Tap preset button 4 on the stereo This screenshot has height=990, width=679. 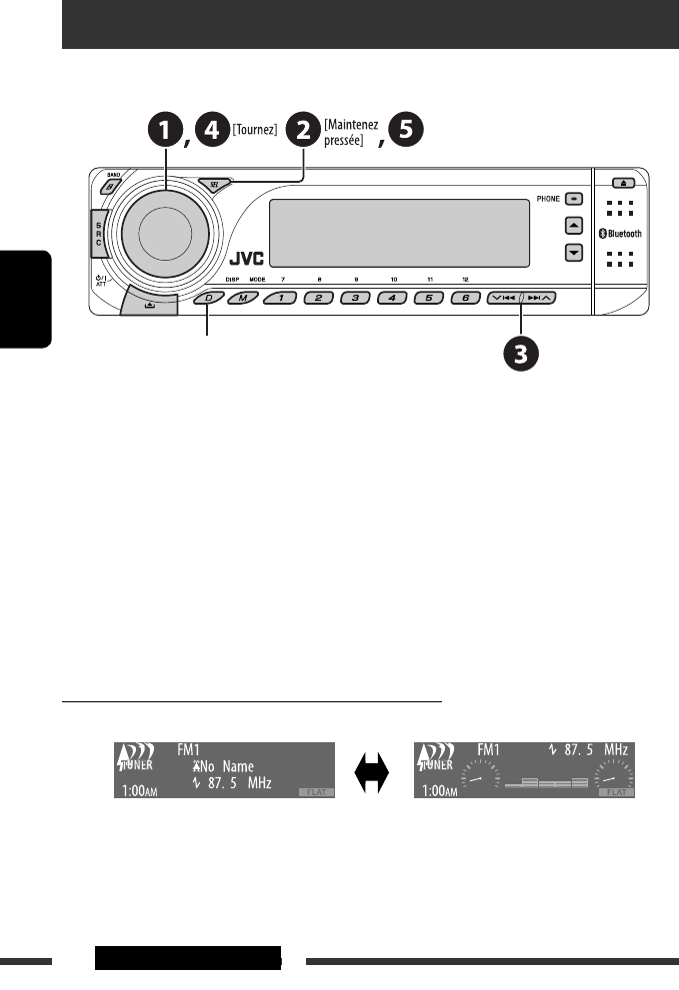[393, 298]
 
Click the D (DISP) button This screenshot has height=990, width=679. [209, 298]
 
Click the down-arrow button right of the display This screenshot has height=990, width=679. [573, 253]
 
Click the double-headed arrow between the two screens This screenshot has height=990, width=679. [373, 770]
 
